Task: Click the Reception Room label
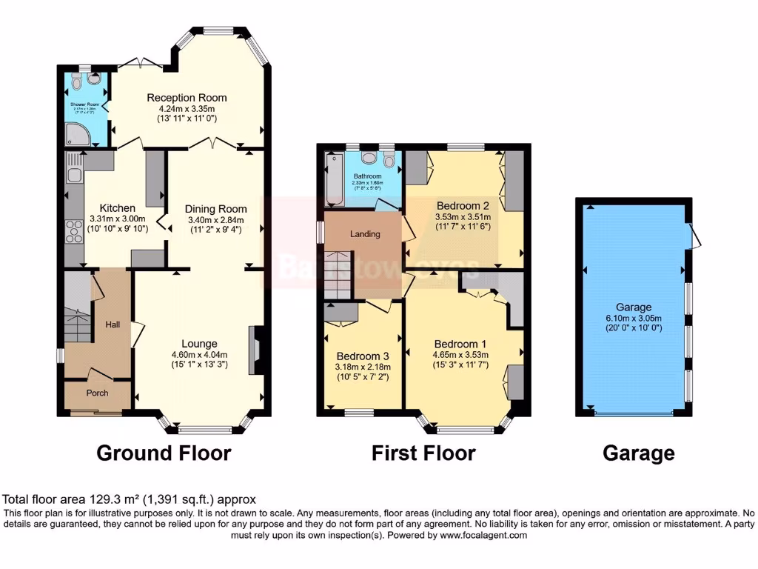[187, 98]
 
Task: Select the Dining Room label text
[215, 208]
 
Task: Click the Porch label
[97, 393]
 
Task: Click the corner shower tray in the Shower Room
[76, 133]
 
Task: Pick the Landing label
[365, 234]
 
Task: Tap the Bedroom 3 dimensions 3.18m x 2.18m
[363, 366]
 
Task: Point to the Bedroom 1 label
[460, 344]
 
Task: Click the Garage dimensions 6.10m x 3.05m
[634, 318]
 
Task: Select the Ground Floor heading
[164, 453]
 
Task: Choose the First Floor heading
[423, 453]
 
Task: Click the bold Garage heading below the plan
[638, 453]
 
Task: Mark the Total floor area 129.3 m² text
[130, 500]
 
